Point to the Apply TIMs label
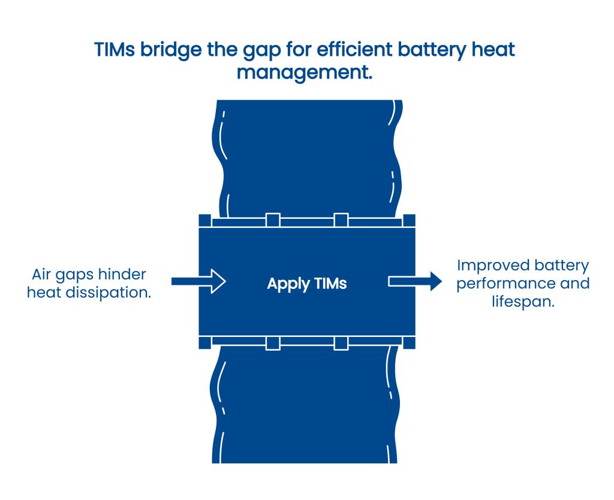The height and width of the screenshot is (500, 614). [x=307, y=284]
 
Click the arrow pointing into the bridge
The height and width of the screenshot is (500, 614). [x=197, y=281]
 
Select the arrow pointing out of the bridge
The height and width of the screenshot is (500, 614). [x=416, y=281]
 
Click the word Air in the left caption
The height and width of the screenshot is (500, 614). [x=43, y=275]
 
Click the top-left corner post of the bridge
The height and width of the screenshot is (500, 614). [x=204, y=221]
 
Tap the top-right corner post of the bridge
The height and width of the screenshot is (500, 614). [x=410, y=221]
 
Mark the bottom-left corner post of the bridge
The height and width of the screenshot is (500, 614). [x=204, y=343]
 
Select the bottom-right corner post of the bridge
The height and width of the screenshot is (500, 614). [x=410, y=343]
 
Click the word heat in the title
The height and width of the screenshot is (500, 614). [x=494, y=49]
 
